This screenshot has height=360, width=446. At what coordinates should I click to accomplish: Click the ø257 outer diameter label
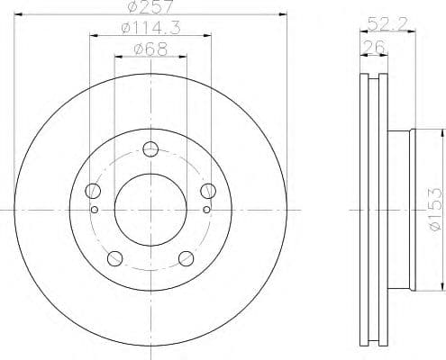151,7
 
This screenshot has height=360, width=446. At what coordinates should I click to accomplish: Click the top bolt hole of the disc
150,149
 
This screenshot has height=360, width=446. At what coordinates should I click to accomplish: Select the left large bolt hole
93,191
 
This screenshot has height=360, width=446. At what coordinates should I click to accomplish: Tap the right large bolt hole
208,190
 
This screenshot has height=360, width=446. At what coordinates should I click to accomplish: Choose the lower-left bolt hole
114,258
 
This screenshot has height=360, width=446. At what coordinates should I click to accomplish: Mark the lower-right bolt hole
187,258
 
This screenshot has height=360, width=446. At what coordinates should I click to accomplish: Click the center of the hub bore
150,210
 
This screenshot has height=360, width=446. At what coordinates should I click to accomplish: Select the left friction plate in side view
363,209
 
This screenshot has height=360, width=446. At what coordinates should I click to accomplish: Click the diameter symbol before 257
135,7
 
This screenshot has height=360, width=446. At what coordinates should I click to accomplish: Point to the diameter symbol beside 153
434,225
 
